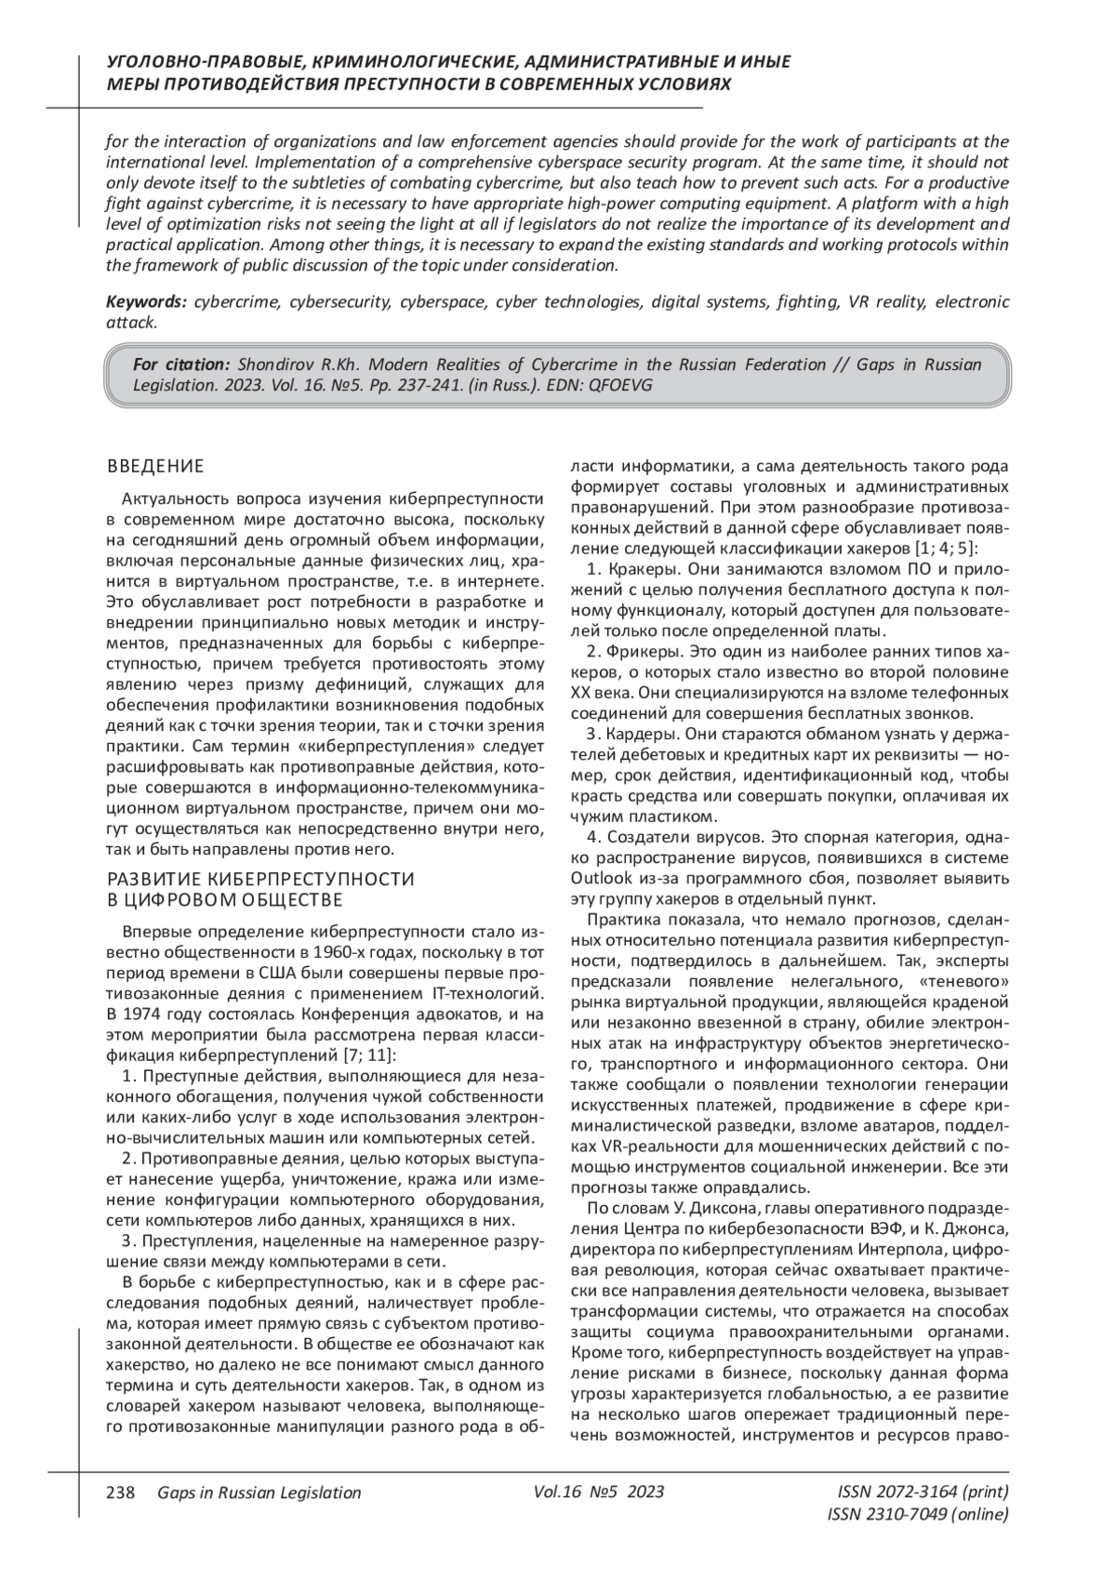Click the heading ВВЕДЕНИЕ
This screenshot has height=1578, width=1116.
pos(155,466)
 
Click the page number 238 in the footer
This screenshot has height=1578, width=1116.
pos(122,1492)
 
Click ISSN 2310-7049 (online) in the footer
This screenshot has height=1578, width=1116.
pos(917,1515)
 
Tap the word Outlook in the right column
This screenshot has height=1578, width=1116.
pos(598,878)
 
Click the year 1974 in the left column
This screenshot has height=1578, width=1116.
pos(141,1013)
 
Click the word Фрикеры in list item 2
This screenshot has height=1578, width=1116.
pos(640,652)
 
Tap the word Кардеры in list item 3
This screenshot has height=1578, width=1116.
pos(638,735)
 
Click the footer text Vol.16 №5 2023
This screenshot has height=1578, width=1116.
pos(599,1492)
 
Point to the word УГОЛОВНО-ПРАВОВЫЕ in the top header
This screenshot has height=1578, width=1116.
pos(204,62)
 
